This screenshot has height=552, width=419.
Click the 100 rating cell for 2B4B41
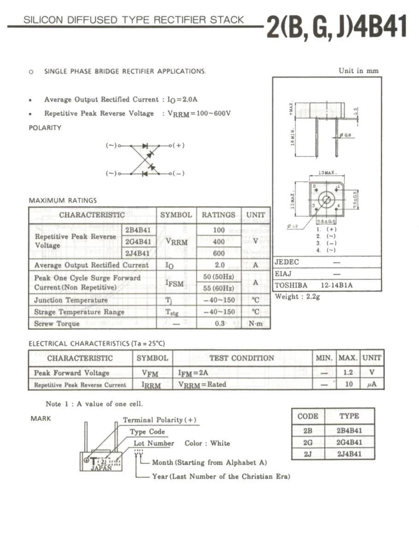tap(219, 230)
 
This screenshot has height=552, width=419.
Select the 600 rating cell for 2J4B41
tap(219, 253)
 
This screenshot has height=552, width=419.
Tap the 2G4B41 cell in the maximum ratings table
tap(138, 241)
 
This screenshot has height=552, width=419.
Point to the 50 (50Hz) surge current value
tap(219, 276)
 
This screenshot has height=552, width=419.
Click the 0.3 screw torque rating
tap(220, 323)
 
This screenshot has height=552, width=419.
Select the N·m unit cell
tap(256, 323)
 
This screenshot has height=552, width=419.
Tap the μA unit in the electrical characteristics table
tap(372, 384)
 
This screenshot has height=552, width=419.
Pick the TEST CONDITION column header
tap(241, 358)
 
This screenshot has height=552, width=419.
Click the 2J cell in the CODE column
tap(308, 454)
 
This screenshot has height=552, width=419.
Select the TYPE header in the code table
tap(349, 416)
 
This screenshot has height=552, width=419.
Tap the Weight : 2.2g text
tap(297, 297)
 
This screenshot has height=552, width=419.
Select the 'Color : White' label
tap(207, 443)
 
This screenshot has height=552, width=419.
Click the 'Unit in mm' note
tap(358, 71)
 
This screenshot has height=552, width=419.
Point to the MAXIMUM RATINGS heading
tap(63, 201)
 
